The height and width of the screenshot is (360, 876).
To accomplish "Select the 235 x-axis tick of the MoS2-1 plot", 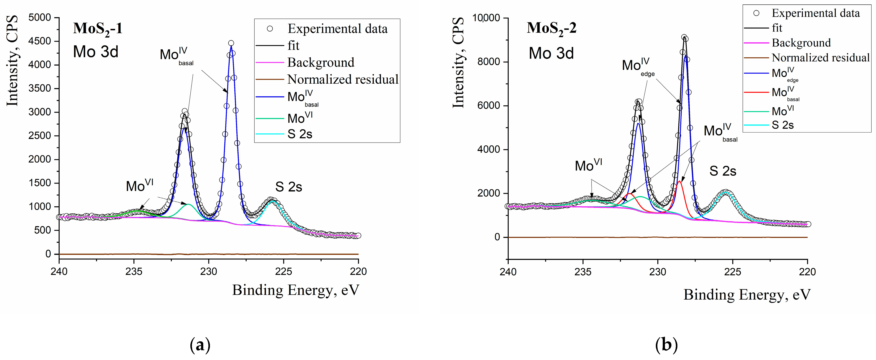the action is click(134, 272).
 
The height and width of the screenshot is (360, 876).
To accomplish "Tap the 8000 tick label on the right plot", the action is click(489, 62).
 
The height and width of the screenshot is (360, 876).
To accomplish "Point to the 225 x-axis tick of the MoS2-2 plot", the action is click(733, 272).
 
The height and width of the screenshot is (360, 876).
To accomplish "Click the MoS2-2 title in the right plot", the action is click(552, 28).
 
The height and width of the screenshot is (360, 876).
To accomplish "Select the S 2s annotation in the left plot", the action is click(289, 187).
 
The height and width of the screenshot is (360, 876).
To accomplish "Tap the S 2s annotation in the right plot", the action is click(723, 171).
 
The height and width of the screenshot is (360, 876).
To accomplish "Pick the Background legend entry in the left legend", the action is click(321, 62).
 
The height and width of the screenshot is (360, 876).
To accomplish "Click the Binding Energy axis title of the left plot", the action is click(296, 291).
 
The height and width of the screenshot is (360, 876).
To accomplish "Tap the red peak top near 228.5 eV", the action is click(679, 181).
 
